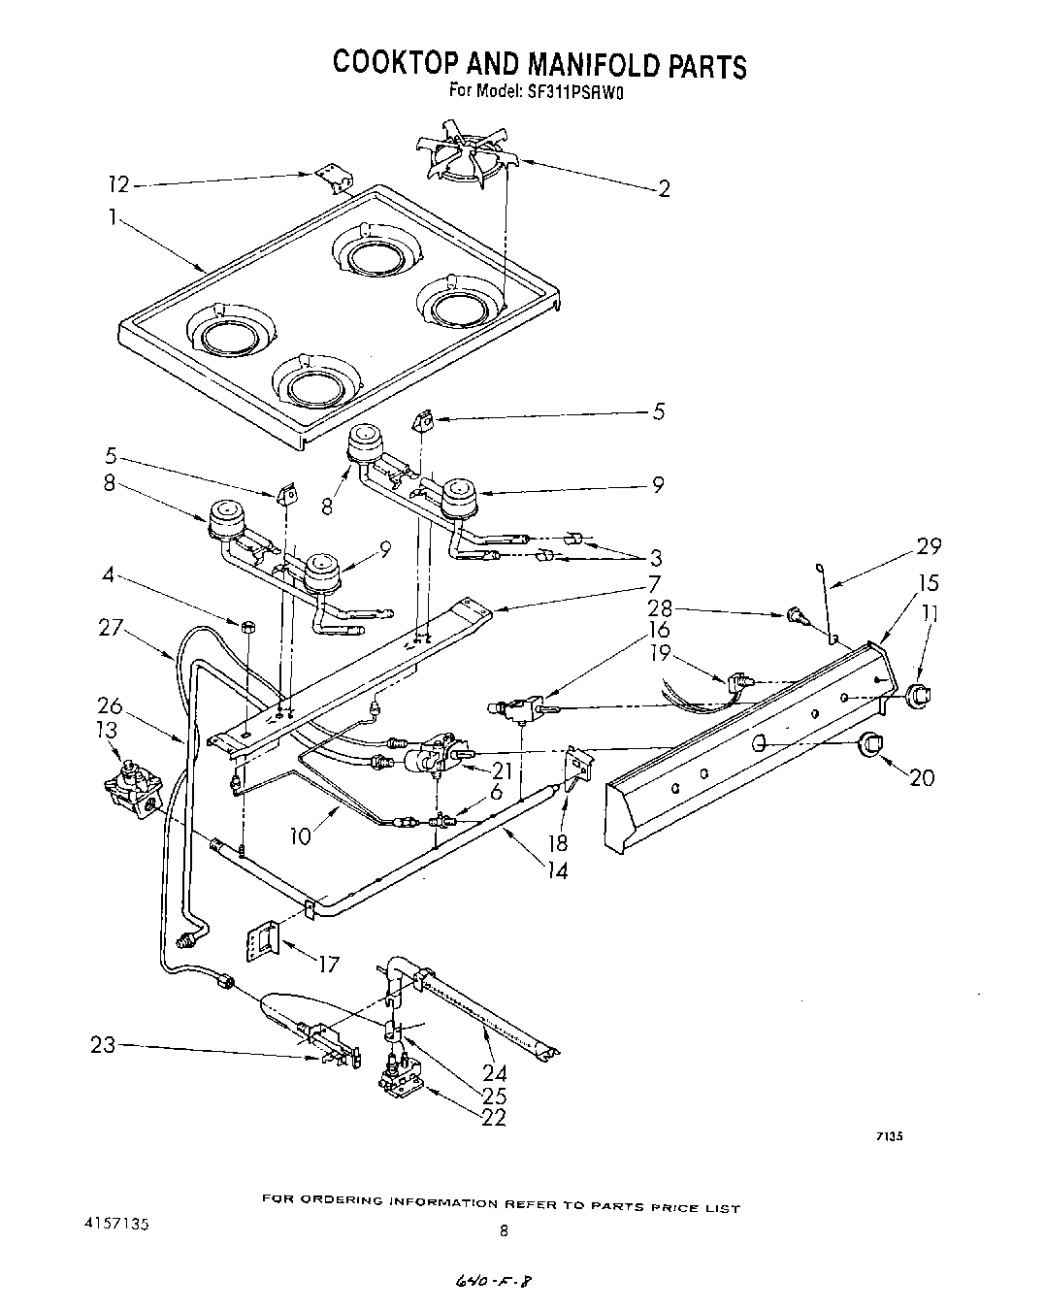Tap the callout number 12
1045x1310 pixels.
tap(118, 183)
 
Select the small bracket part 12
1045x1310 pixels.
tap(334, 180)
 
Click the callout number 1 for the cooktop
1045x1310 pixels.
tap(113, 218)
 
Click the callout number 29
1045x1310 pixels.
tap(929, 546)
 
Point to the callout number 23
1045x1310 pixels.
tap(104, 1045)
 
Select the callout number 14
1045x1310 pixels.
tap(556, 870)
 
